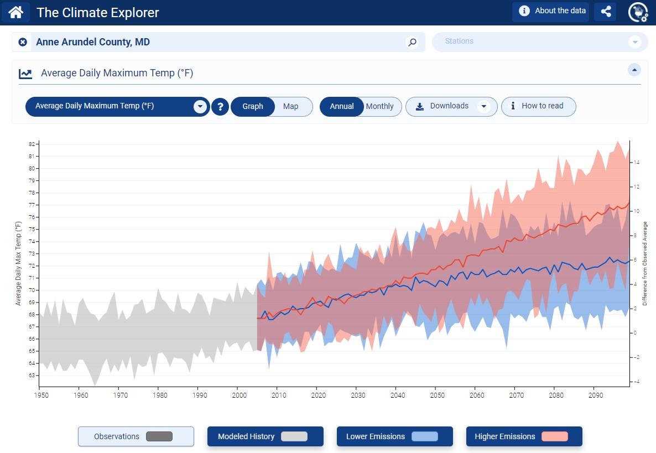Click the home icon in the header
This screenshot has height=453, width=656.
click(15, 12)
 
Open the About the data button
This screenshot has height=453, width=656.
click(550, 11)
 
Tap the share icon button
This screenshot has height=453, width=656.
click(605, 12)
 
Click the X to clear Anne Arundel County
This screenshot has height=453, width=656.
click(23, 42)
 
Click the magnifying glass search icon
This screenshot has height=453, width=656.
click(412, 42)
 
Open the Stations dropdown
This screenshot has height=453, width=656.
click(634, 42)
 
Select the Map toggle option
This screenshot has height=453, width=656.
click(291, 106)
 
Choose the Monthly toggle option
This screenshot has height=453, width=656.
click(380, 106)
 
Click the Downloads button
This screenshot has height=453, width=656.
click(450, 106)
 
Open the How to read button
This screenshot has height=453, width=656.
click(538, 106)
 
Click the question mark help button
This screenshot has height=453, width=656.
click(220, 107)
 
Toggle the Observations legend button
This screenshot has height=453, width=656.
click(136, 436)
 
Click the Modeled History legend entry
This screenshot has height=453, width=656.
click(265, 436)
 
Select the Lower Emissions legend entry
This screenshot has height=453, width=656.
click(394, 436)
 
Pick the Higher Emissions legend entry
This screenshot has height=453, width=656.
click(524, 436)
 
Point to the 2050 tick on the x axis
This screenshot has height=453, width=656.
click(437, 395)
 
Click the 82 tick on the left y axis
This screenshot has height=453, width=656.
click(32, 144)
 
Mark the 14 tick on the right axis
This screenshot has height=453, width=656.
click(637, 163)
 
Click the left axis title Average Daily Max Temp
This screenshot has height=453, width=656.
click(18, 263)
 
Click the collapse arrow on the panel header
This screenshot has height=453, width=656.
click(634, 70)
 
